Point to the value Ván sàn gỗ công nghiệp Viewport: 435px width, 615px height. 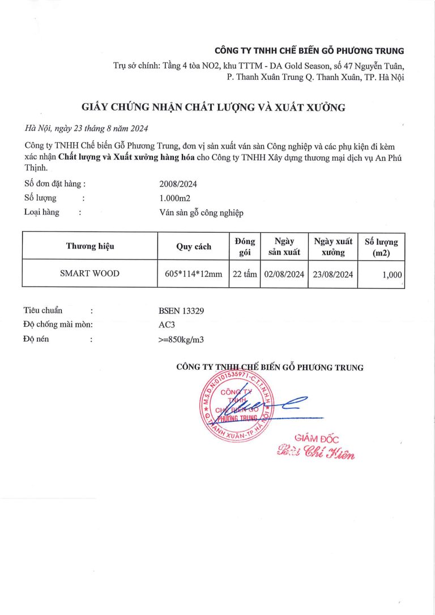click(201, 212)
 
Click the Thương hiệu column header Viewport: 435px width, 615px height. click(90, 246)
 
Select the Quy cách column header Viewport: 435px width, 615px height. click(193, 246)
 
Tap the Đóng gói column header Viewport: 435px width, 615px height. click(245, 246)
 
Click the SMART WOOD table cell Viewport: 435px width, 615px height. click(90, 274)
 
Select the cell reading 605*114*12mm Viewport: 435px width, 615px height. click(193, 274)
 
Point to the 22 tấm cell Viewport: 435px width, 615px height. click(245, 274)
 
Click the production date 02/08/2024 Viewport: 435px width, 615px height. click(284, 274)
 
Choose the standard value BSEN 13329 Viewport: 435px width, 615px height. click(181, 310)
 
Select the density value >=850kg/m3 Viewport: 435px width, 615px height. click(182, 340)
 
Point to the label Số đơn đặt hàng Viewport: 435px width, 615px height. click(54, 184)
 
